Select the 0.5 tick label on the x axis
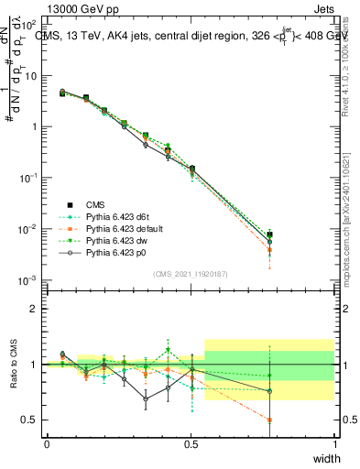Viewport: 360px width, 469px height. (191, 442)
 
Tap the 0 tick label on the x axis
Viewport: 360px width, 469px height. (47, 442)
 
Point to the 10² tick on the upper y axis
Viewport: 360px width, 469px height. (30, 26)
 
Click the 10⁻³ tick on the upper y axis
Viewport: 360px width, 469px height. (30, 279)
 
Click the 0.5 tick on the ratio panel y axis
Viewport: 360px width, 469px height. (30, 420)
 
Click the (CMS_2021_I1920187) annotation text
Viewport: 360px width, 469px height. (191, 274)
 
